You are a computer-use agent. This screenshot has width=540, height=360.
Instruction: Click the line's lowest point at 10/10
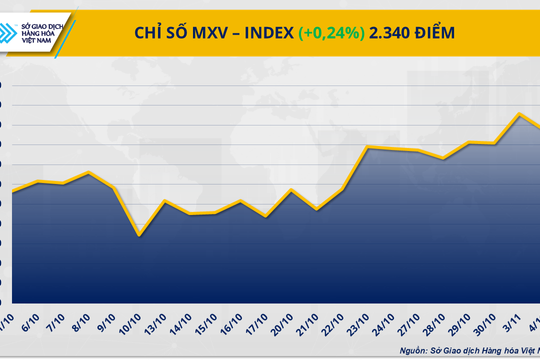pyautogui.click(x=139, y=236)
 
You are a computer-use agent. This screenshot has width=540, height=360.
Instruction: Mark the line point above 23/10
pyautogui.click(x=368, y=148)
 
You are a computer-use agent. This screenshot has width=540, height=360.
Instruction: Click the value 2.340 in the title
pyautogui.click(x=395, y=32)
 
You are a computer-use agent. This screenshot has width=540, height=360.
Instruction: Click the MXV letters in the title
pyautogui.click(x=204, y=32)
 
